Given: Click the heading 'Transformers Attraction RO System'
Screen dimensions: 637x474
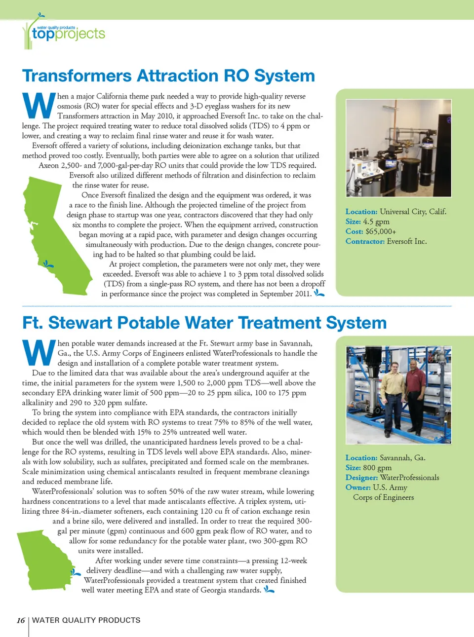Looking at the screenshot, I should tap(168, 76).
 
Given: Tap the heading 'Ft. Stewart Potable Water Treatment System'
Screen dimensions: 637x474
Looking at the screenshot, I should tap(204, 323).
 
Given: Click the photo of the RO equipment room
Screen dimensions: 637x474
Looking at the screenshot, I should tap(398, 148).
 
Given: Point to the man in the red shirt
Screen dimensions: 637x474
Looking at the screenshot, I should tap(416, 389).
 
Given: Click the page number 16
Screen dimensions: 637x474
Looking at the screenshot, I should tap(21, 620).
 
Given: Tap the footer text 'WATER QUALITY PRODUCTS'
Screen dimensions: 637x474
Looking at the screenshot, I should tap(86, 620).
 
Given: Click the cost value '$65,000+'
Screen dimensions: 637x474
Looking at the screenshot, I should tap(381, 231).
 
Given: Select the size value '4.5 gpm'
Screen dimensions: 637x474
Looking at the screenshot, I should tap(376, 222).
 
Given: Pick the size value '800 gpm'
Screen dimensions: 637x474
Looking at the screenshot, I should tap(377, 468).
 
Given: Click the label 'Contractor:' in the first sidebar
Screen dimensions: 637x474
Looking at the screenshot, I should tap(365, 241).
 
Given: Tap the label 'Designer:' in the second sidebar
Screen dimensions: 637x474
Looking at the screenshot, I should tap(361, 478).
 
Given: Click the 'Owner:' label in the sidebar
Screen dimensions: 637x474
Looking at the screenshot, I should tap(358, 487).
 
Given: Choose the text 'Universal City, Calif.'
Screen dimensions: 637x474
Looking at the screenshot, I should tap(413, 212).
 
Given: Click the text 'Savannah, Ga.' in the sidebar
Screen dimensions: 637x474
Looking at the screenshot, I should tap(402, 458).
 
